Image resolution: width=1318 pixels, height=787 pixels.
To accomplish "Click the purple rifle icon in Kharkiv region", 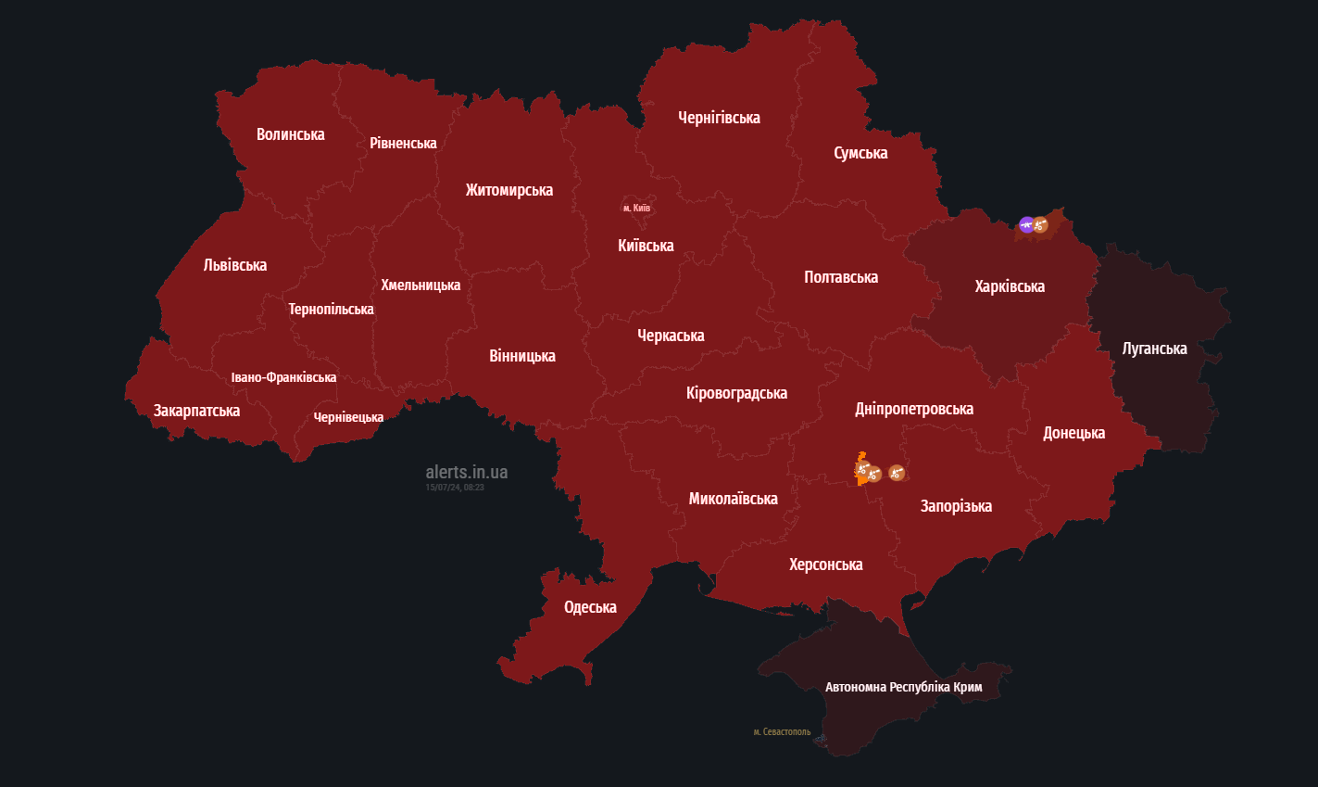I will pyautogui.click(x=1026, y=224).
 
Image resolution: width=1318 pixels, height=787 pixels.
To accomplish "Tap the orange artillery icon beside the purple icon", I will pyautogui.click(x=1040, y=224).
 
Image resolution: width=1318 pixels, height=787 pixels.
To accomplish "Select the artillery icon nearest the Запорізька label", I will pyautogui.click(x=896, y=473).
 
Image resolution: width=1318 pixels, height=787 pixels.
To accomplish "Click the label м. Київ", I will pyautogui.click(x=637, y=208).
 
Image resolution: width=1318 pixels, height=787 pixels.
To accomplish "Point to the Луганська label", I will pyautogui.click(x=1154, y=349).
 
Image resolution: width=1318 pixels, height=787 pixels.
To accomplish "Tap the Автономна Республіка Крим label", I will pyautogui.click(x=903, y=687).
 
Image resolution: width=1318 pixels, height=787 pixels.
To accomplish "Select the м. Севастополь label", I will pyautogui.click(x=782, y=732).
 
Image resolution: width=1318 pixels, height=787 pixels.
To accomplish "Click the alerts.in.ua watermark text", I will pyautogui.click(x=466, y=472).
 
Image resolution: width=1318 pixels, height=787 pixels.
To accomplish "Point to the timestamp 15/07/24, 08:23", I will pyautogui.click(x=454, y=488).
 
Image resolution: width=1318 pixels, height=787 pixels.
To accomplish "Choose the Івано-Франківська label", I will pyautogui.click(x=283, y=377).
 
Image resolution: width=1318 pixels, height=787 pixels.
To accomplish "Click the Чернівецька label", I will pyautogui.click(x=348, y=417).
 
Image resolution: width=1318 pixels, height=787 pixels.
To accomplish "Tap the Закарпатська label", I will pyautogui.click(x=196, y=411).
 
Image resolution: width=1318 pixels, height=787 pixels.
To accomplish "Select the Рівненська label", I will pyautogui.click(x=403, y=143).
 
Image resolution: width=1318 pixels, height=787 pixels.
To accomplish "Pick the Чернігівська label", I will pyautogui.click(x=719, y=118).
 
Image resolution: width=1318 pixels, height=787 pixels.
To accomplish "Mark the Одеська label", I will pyautogui.click(x=590, y=607).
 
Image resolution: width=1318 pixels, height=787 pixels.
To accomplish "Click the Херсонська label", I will pyautogui.click(x=825, y=565).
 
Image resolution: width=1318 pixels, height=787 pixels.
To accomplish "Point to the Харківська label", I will pyautogui.click(x=1010, y=286).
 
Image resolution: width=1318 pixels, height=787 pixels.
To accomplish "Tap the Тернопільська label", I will pyautogui.click(x=331, y=309).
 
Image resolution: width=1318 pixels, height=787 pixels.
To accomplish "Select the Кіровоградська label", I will pyautogui.click(x=736, y=393).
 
